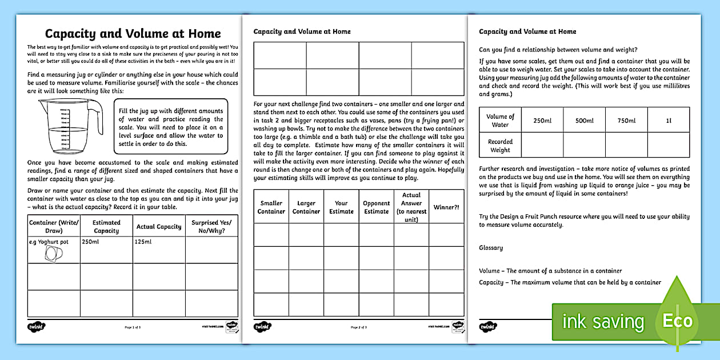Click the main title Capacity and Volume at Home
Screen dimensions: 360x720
(133, 33)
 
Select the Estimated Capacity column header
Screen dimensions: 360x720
(106, 226)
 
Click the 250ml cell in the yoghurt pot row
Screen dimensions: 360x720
(91, 242)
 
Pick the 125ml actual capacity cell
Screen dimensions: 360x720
(144, 242)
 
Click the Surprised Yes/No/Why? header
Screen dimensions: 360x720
(212, 226)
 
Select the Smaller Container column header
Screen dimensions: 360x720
(271, 207)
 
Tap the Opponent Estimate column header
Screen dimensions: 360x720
(377, 207)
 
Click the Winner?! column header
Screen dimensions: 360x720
(446, 207)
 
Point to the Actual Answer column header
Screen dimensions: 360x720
(411, 207)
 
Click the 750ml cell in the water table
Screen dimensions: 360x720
(626, 121)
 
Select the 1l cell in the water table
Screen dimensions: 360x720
(668, 121)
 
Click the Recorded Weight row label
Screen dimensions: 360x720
(500, 146)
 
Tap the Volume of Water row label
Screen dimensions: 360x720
(500, 121)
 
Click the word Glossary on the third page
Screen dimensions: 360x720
(491, 247)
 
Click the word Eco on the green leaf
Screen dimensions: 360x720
(677, 321)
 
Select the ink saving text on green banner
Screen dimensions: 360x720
(603, 322)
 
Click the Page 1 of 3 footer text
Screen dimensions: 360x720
(133, 327)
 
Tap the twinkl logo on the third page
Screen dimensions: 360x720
(489, 327)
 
